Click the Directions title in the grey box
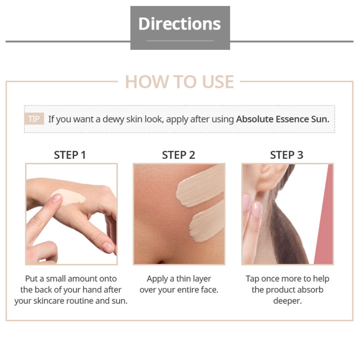point(180,24)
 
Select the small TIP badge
point(34,119)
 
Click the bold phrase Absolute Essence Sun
point(283,119)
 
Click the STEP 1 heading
point(70,155)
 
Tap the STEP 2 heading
point(178,155)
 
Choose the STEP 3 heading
point(287,155)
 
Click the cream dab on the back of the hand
point(70,197)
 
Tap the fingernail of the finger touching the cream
point(57,198)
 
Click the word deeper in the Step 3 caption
point(287,301)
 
